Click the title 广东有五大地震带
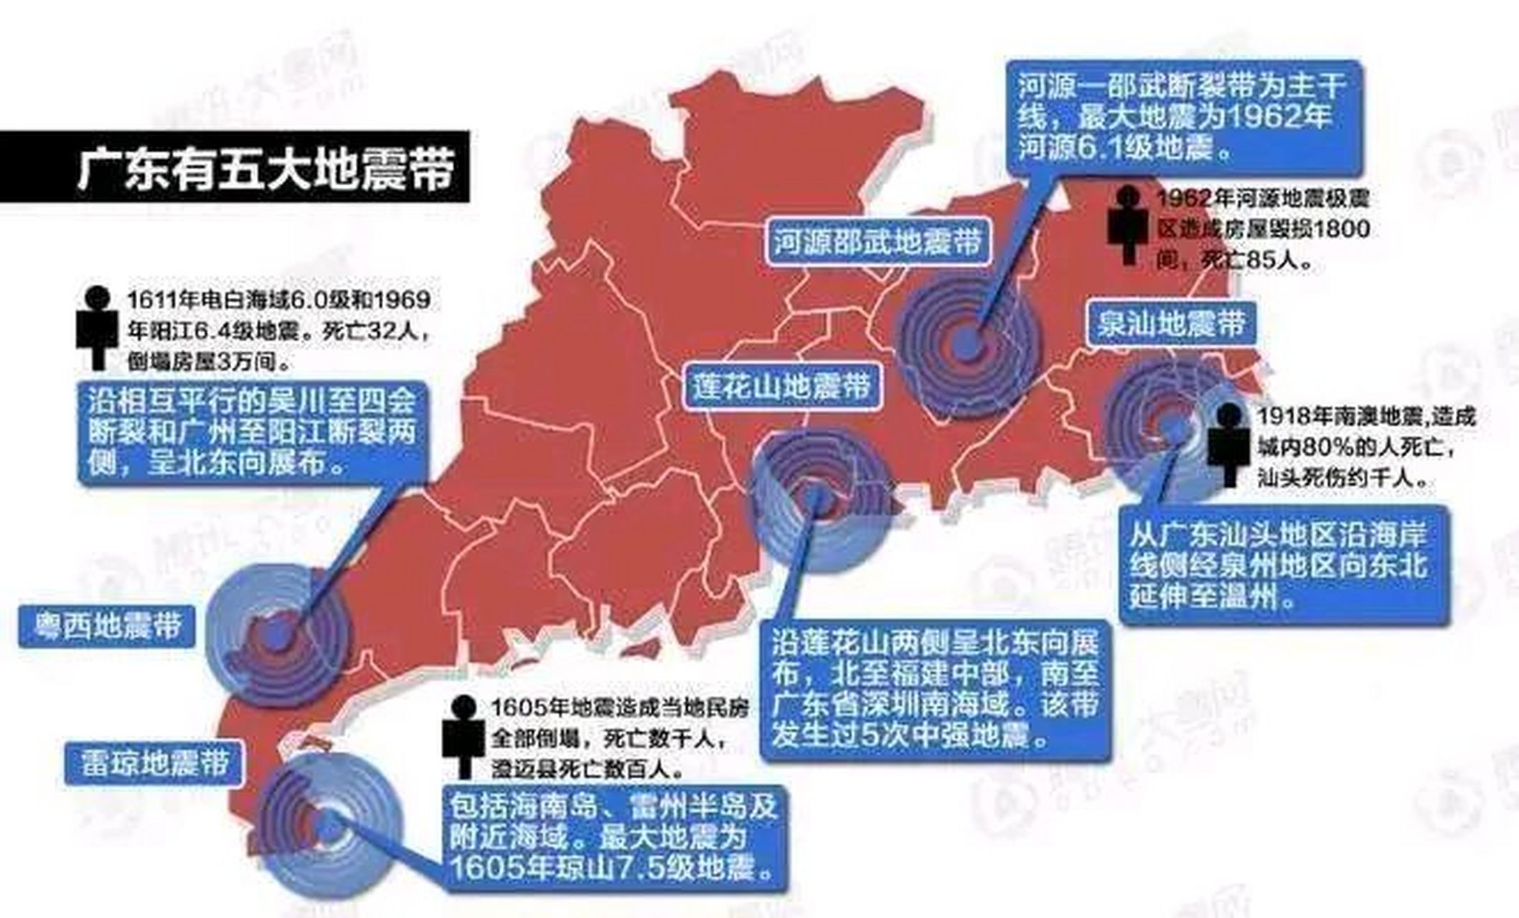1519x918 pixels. pos(265,169)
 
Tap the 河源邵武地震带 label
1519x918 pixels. pos(877,241)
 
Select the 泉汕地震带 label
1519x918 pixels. pos(1172,323)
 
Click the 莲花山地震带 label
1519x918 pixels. pos(781,387)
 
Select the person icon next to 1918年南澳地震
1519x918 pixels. pos(1229,443)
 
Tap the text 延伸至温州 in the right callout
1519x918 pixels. pos(1213,596)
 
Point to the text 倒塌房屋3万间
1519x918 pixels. pos(209,362)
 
